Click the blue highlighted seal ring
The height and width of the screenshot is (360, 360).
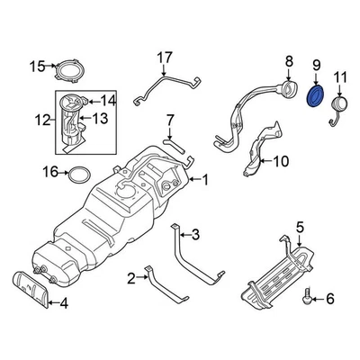point(317,95)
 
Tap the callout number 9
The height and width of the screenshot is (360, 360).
point(317,65)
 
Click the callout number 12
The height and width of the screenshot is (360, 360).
point(41,118)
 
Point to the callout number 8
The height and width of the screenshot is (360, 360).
point(288,61)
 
